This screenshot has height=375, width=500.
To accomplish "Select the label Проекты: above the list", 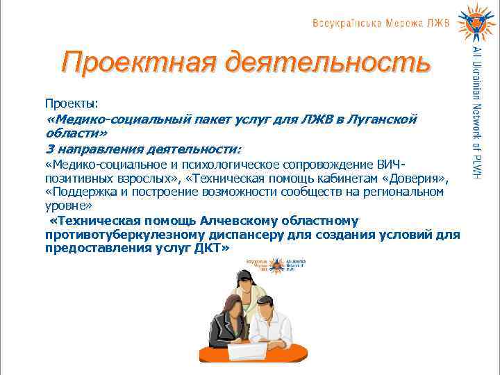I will (72, 103).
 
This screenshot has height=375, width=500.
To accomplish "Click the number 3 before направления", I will (49, 149).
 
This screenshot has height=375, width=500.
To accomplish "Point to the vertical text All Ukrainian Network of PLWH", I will (476, 111).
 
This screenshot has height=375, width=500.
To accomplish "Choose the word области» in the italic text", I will (76, 133).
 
